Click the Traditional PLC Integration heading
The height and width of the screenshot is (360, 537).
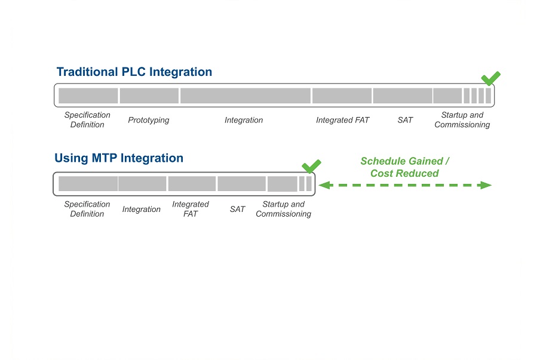click(134, 72)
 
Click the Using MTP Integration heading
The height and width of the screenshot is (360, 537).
click(119, 158)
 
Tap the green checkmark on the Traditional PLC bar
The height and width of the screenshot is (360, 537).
click(490, 78)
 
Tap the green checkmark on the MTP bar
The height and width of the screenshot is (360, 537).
click(311, 167)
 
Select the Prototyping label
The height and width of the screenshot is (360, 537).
click(149, 120)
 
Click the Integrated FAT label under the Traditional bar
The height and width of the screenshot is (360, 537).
click(342, 120)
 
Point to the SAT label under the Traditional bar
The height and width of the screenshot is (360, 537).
click(405, 120)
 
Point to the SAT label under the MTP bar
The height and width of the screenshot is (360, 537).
click(237, 209)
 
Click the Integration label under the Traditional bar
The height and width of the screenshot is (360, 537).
click(244, 120)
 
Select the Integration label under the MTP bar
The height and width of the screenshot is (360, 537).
click(142, 209)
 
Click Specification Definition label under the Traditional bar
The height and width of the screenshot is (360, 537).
click(87, 120)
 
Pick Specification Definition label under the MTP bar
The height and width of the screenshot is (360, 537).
click(87, 209)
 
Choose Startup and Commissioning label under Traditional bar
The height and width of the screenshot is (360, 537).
click(462, 120)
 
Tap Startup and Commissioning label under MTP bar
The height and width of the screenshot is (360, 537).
click(284, 209)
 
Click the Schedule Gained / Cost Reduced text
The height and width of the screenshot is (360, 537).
click(405, 167)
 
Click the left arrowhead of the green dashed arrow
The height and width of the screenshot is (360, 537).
click(325, 185)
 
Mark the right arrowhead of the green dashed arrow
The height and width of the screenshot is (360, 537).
click(486, 185)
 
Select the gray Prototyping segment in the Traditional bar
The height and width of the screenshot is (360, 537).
click(149, 96)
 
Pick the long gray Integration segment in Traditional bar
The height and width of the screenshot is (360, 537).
click(246, 96)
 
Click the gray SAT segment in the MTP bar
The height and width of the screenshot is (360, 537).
click(242, 184)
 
